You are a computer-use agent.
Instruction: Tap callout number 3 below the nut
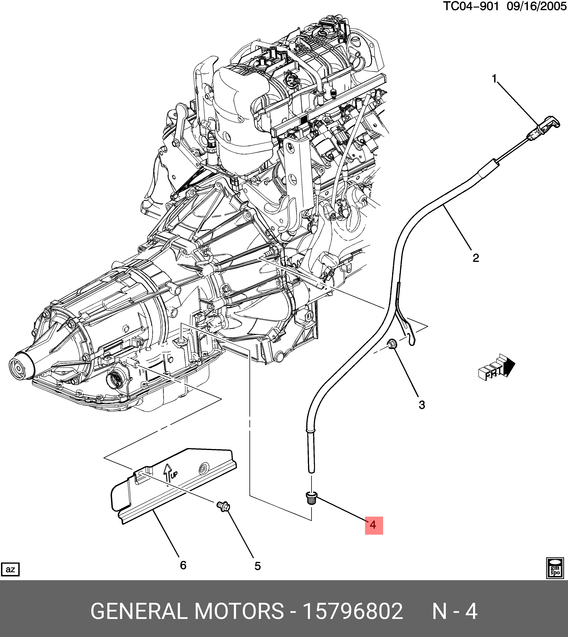coord(422,405)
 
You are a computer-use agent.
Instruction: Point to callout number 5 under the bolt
coord(257,566)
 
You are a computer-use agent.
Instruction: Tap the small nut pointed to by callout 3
coord(392,344)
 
